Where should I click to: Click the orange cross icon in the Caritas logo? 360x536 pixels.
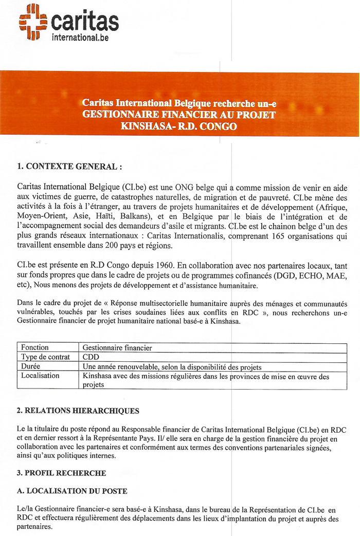[33, 22]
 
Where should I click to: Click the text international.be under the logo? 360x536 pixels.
[80, 37]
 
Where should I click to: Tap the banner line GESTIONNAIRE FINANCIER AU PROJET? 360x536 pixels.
[179, 114]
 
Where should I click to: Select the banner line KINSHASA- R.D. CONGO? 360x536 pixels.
[179, 125]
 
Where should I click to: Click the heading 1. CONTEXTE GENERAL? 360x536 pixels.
[70, 167]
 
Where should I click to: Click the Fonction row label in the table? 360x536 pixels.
[34, 348]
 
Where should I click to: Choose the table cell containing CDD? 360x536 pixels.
[91, 357]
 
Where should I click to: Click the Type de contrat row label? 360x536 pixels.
[45, 357]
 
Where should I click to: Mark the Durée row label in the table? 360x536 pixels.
[31, 366]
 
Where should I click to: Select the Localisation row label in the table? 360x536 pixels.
[40, 376]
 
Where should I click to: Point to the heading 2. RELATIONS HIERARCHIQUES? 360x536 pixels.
[78, 411]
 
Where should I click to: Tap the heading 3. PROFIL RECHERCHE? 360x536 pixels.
[61, 473]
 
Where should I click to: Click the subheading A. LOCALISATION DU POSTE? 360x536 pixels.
[72, 491]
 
